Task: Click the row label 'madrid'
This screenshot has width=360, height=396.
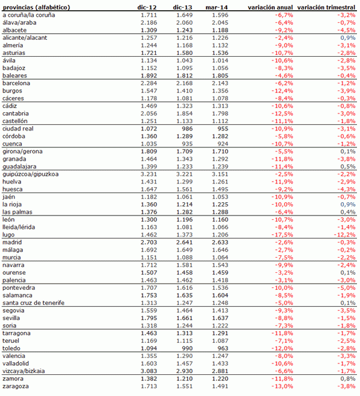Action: coord(13,242)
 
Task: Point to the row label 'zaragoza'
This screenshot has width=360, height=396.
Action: coord(16,386)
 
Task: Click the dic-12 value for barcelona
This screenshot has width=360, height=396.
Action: coord(149,83)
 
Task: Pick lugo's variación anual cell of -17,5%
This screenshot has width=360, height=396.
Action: coord(283,234)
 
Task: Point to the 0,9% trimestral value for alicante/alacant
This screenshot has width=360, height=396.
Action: coord(347,37)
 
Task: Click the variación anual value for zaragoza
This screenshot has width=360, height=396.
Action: coord(283,386)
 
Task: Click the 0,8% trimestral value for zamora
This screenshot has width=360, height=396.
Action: coord(347,378)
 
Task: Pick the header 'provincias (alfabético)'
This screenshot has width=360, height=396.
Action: coord(36,7)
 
